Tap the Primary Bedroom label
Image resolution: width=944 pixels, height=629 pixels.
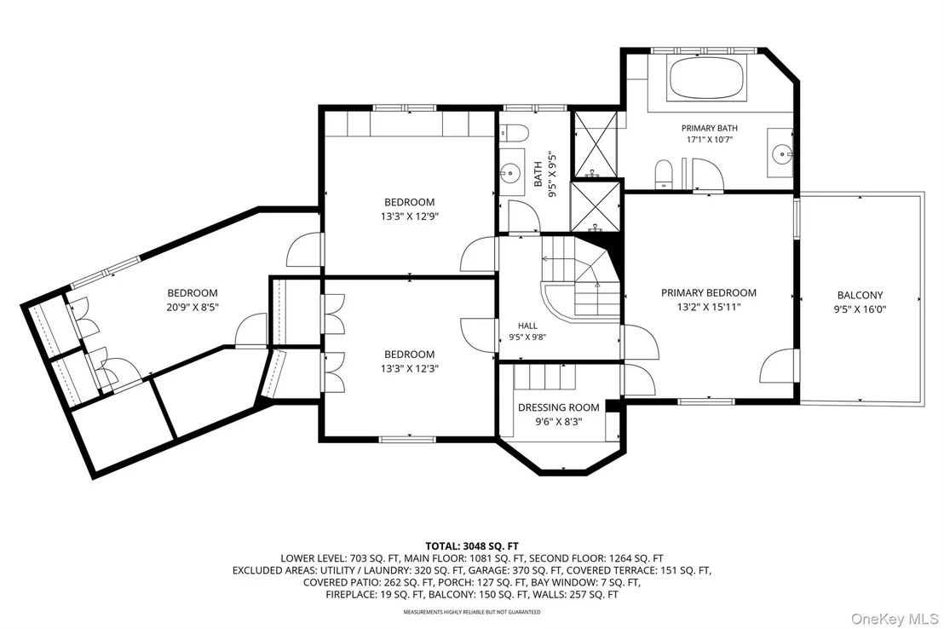tap(709, 293)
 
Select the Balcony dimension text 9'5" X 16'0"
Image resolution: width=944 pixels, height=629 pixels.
tap(860, 309)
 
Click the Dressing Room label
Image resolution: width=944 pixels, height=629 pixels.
tap(559, 407)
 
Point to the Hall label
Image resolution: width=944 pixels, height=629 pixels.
tap(527, 326)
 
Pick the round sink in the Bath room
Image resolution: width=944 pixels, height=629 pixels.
tap(510, 173)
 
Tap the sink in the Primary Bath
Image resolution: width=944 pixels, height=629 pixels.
tap(782, 153)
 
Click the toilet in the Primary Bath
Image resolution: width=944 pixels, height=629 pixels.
tap(663, 174)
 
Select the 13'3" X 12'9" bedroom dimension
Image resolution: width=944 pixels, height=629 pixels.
tap(410, 216)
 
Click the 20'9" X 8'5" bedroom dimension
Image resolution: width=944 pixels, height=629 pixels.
tap(193, 308)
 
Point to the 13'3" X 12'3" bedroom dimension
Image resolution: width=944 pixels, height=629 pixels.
tap(410, 369)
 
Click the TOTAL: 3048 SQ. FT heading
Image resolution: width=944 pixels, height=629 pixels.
tap(472, 547)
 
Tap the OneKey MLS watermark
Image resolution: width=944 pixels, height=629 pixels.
tap(895, 619)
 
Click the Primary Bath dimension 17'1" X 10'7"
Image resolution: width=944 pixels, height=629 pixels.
tap(709, 140)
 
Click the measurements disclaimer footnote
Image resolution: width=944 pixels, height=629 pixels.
tap(472, 612)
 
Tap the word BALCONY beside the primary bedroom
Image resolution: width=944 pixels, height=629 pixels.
tap(860, 295)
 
